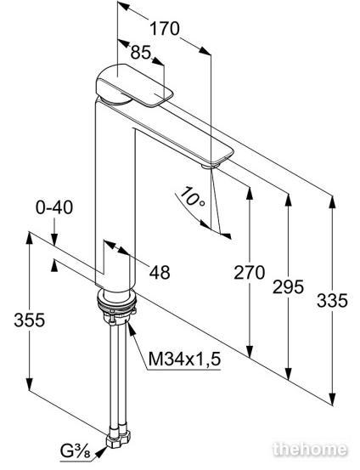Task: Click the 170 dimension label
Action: [x=165, y=29]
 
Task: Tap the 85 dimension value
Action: [x=141, y=53]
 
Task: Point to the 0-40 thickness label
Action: [x=54, y=207]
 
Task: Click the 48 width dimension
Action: [x=160, y=273]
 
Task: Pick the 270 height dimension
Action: [x=249, y=273]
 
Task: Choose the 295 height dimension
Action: [x=288, y=286]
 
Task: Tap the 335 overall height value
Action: [x=333, y=300]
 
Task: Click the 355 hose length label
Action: [x=30, y=320]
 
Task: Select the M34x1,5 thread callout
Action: [x=184, y=359]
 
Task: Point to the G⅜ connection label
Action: [x=76, y=451]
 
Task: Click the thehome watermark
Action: [x=310, y=450]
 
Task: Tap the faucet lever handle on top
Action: [x=135, y=85]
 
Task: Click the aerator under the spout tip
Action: [x=211, y=165]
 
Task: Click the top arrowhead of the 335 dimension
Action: [x=332, y=201]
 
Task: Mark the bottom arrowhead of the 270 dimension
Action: [x=249, y=351]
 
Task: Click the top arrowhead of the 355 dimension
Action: [x=29, y=239]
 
